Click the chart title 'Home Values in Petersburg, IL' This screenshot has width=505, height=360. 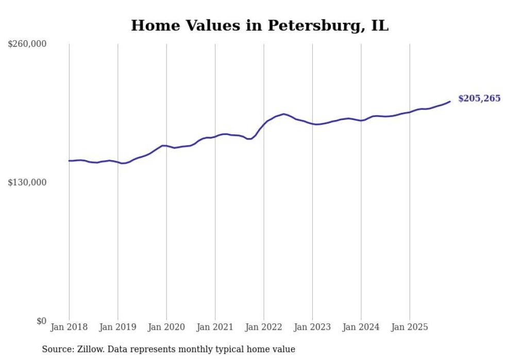pos(260,25)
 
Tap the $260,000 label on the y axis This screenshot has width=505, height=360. pos(27,44)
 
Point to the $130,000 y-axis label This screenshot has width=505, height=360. pos(27,182)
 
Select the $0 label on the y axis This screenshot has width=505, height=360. pos(41,321)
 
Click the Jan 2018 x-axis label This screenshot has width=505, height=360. pos(69,327)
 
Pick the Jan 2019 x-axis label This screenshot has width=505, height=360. pos(117,327)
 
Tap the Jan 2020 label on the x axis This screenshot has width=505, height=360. pos(166,327)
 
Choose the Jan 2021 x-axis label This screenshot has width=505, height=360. pos(215,327)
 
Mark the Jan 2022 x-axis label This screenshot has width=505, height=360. pos(264,327)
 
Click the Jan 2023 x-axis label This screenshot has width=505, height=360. pos(312,327)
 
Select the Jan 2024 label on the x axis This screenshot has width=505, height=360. pos(361,327)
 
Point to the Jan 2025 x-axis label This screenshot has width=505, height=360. pos(410,327)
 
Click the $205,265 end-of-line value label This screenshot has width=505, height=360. pos(479,98)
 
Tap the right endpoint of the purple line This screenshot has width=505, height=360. pos(450,101)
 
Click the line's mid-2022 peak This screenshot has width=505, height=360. pos(284,114)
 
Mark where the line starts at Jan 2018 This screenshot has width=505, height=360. pos(69,161)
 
